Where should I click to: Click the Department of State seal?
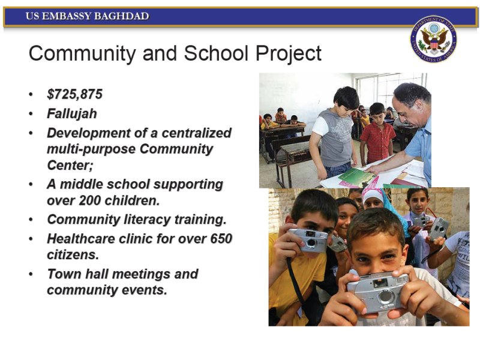pos(433,39)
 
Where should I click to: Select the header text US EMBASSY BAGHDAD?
pos(87,16)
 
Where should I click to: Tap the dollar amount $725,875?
pos(74,94)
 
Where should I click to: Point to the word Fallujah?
pos(72,113)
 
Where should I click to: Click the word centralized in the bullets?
pos(197,133)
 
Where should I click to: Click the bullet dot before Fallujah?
pos(31,114)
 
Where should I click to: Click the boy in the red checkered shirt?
pos(377,134)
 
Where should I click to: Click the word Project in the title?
pos(289,53)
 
